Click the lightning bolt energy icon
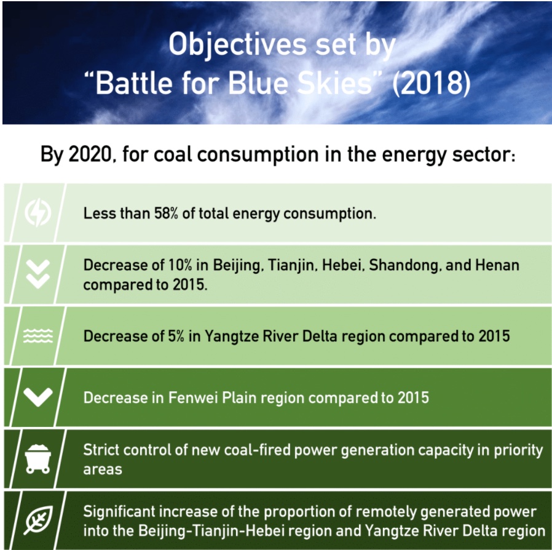pos(38,212)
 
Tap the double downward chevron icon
pos(38,274)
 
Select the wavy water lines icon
pos(38,335)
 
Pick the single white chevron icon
pos(38,397)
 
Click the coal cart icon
pos(37,459)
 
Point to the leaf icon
pos(39,520)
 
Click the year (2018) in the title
pos(431,83)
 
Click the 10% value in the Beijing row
pos(180,265)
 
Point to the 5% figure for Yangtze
pos(176,336)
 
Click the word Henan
pos(497,265)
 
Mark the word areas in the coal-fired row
pos(103,469)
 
